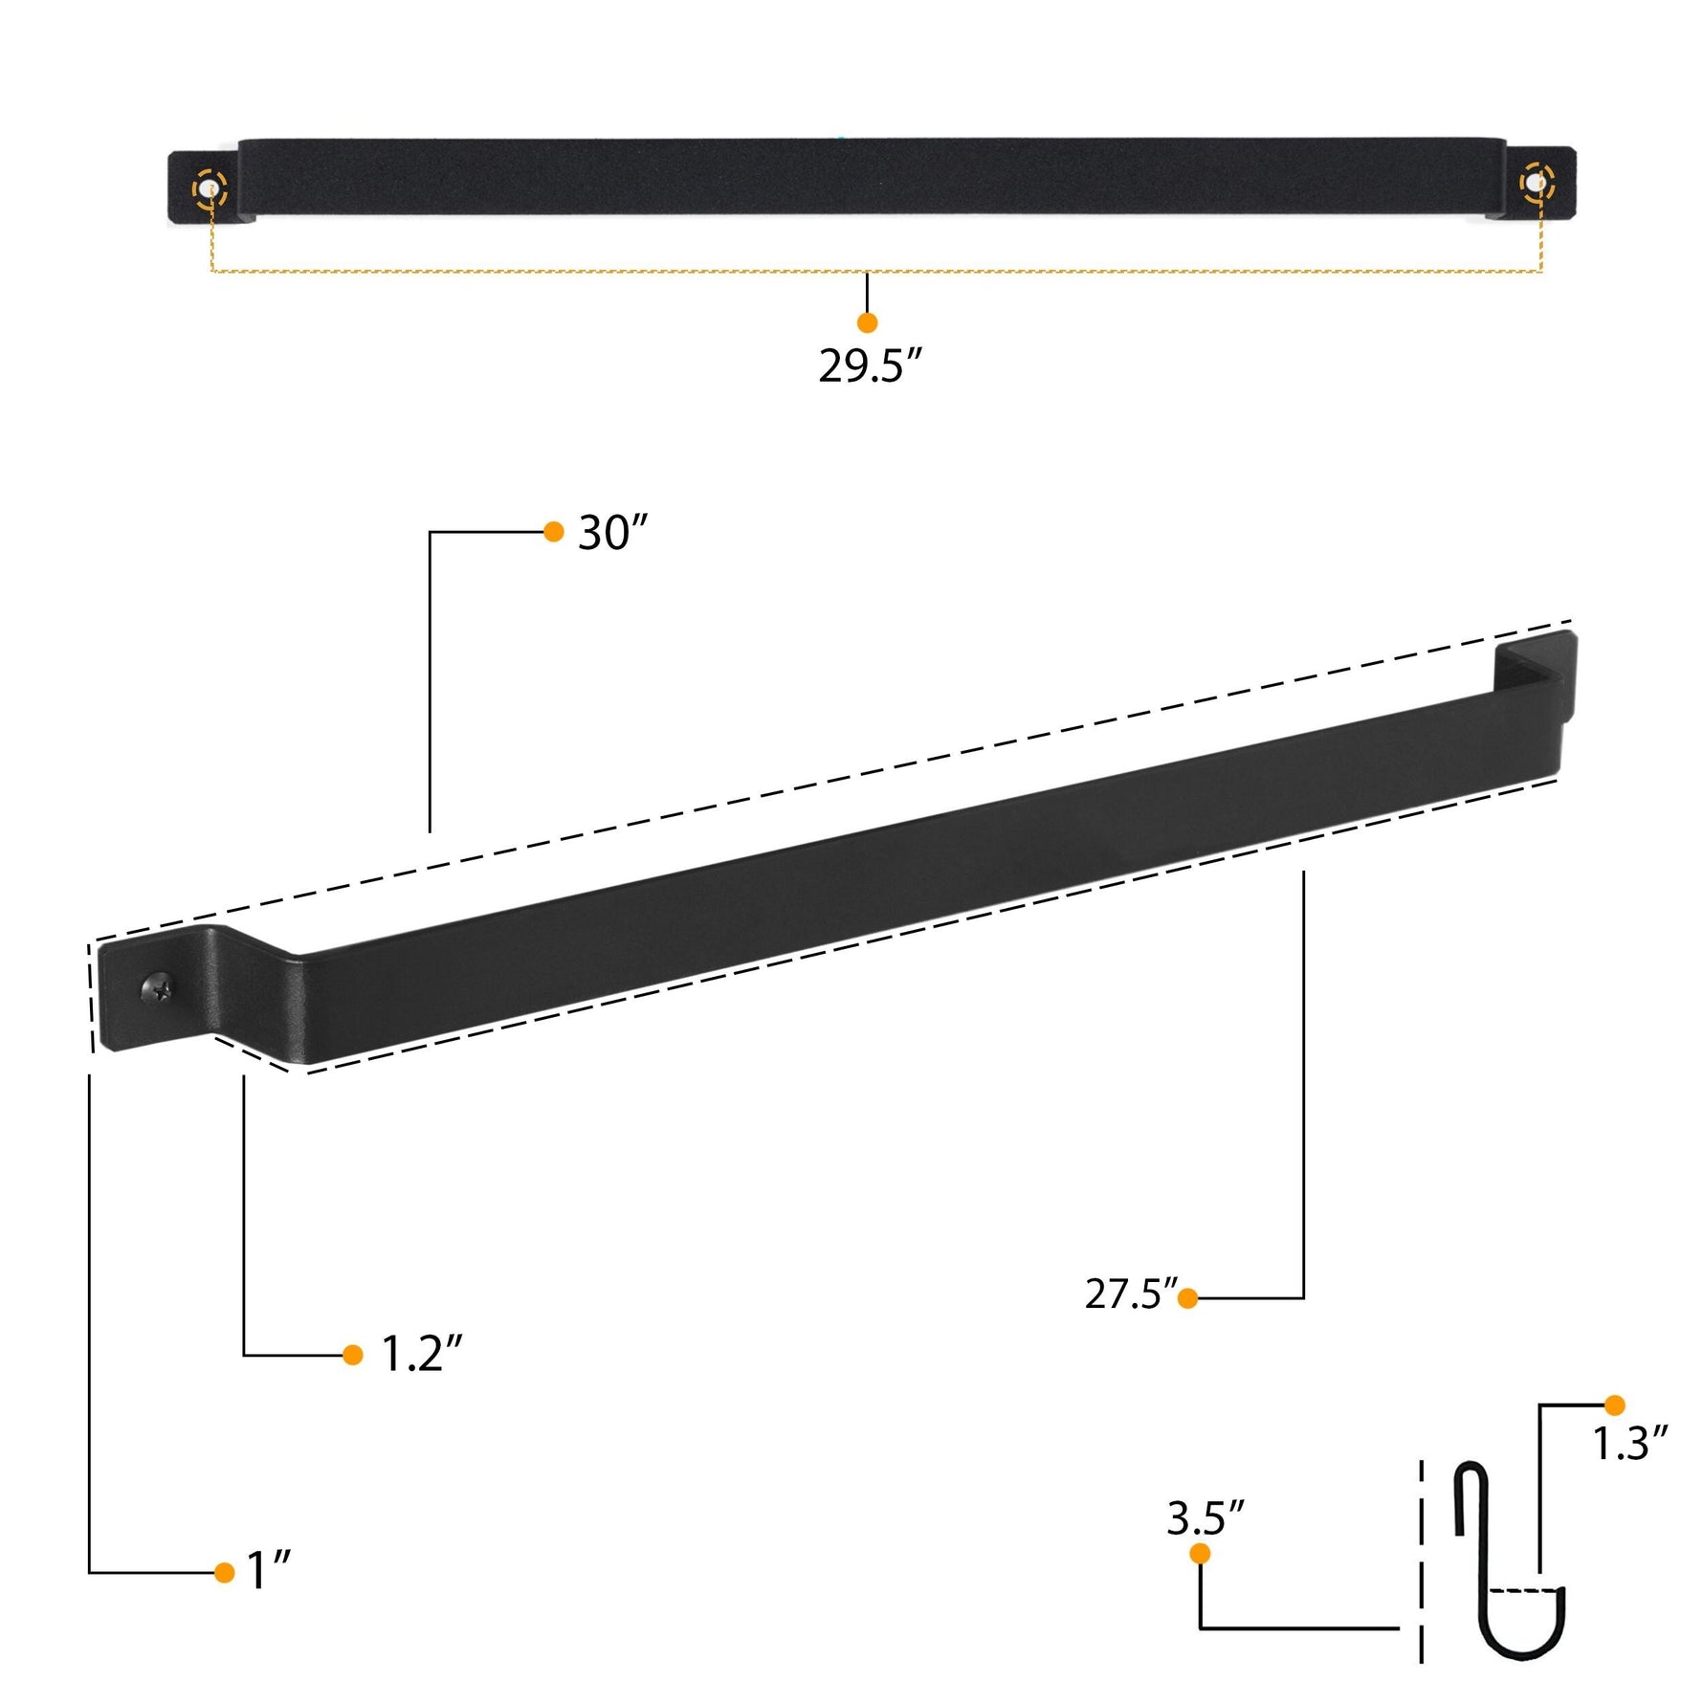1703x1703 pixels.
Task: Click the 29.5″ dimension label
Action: (869, 366)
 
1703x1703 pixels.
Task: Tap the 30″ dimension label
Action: (612, 533)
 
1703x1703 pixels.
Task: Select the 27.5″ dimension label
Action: (1130, 1294)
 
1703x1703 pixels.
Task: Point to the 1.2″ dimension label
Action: (422, 1354)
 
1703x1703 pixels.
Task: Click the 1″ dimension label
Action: (269, 1571)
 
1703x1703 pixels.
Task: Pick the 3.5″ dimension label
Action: (1205, 1518)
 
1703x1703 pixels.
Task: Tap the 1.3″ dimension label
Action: (1629, 1444)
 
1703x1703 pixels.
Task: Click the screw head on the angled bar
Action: (159, 987)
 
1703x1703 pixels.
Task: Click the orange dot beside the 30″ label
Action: (553, 532)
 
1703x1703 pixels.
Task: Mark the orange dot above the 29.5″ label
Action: (867, 322)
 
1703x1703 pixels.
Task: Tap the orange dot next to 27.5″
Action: (1187, 1298)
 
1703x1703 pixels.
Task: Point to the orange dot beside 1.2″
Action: (352, 1355)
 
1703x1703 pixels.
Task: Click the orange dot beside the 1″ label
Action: (225, 1573)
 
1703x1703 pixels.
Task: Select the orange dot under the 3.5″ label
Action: (1200, 1554)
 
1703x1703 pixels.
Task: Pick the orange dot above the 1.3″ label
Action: (1614, 1405)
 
